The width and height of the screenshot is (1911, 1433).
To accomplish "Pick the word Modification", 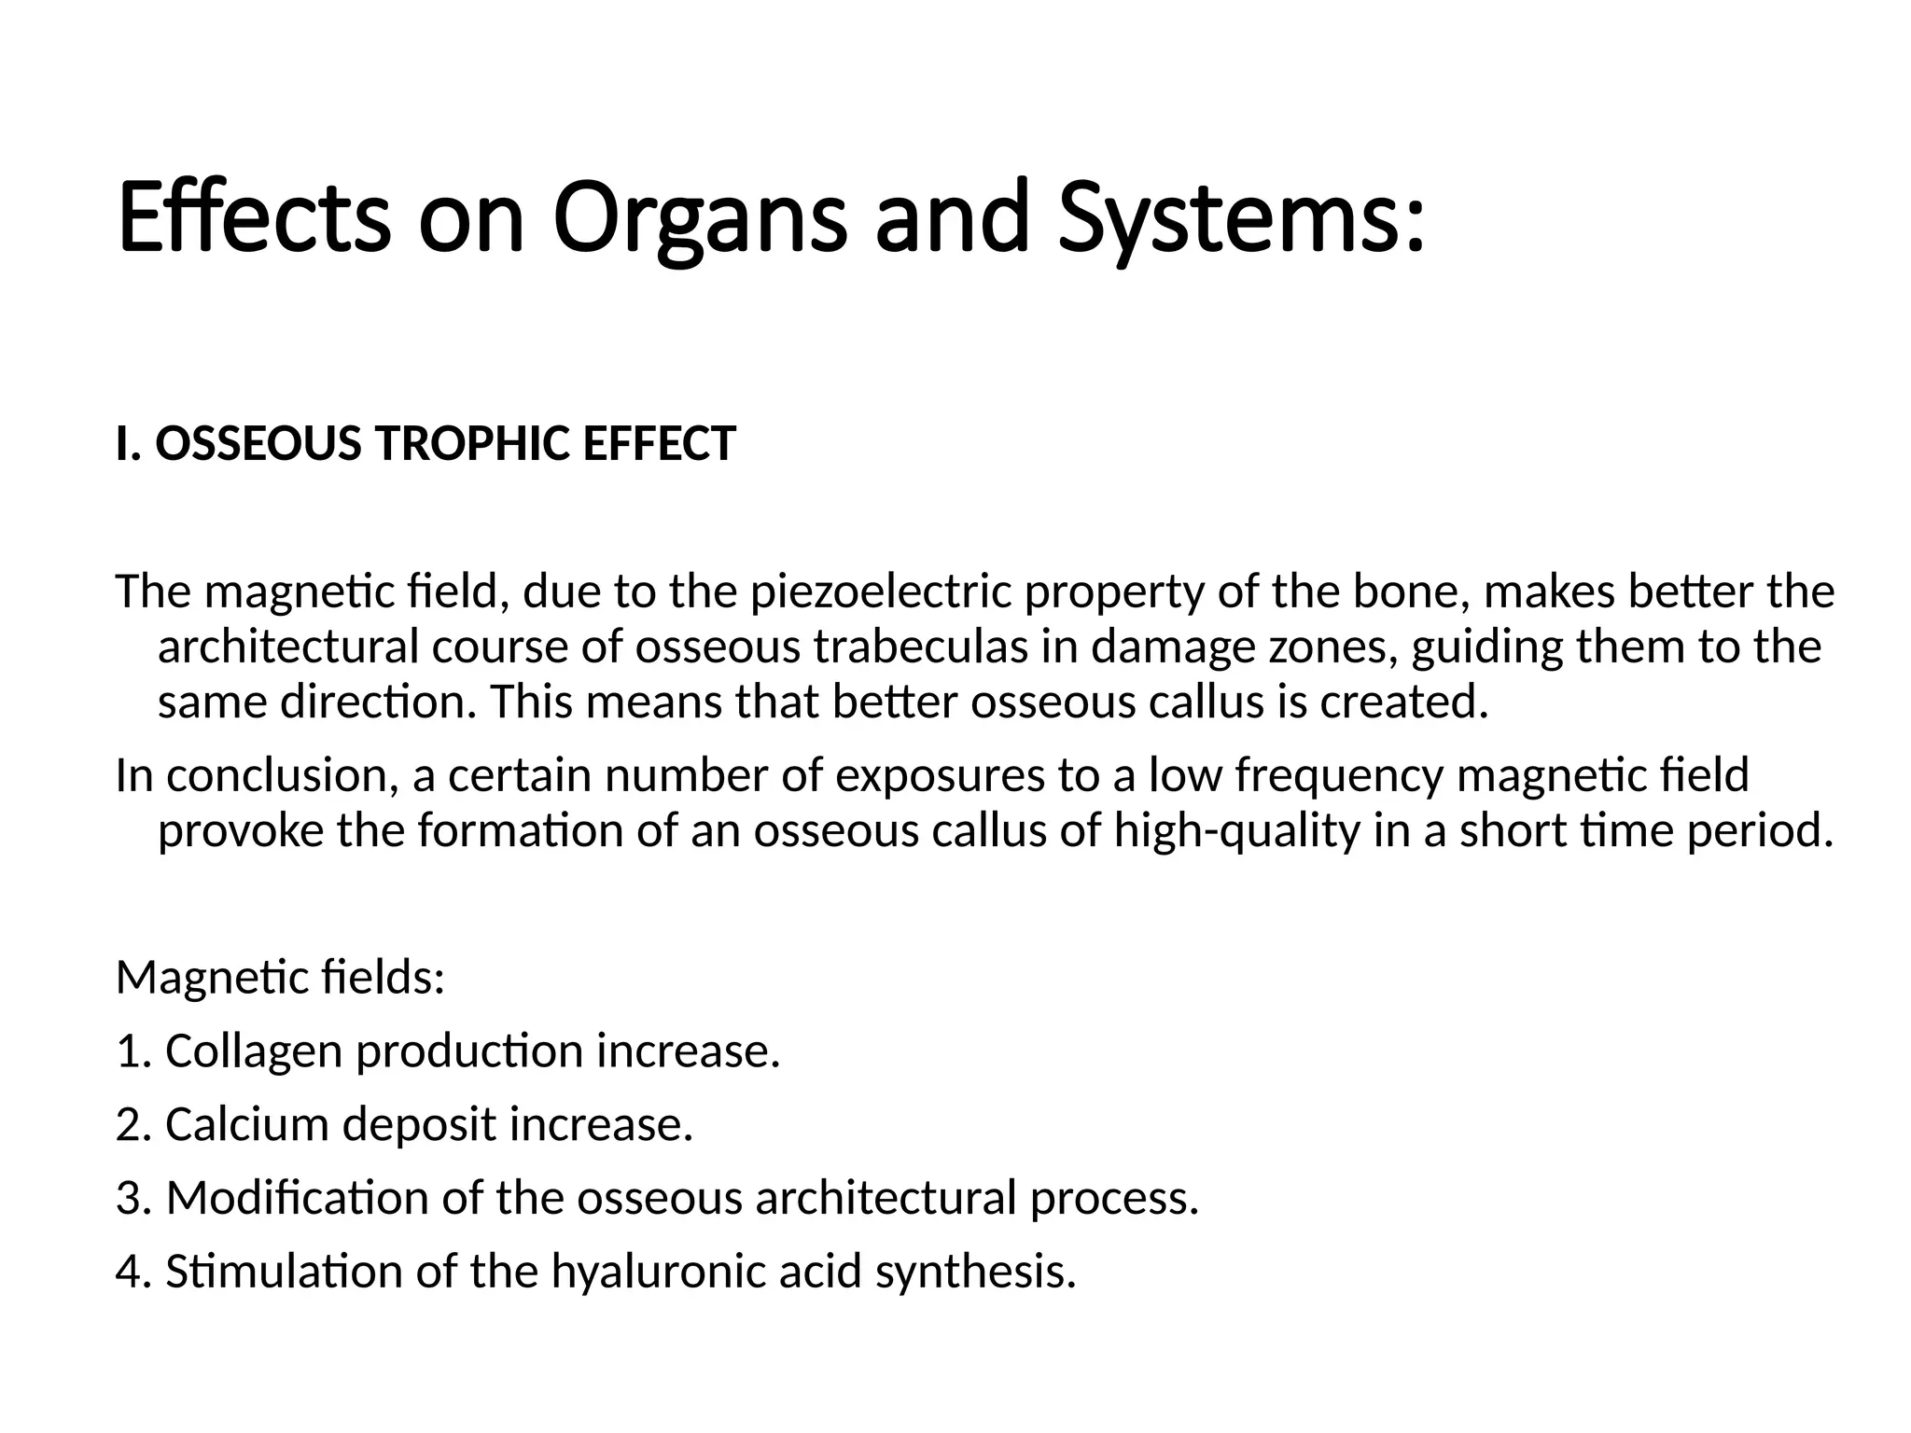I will (297, 1198).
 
